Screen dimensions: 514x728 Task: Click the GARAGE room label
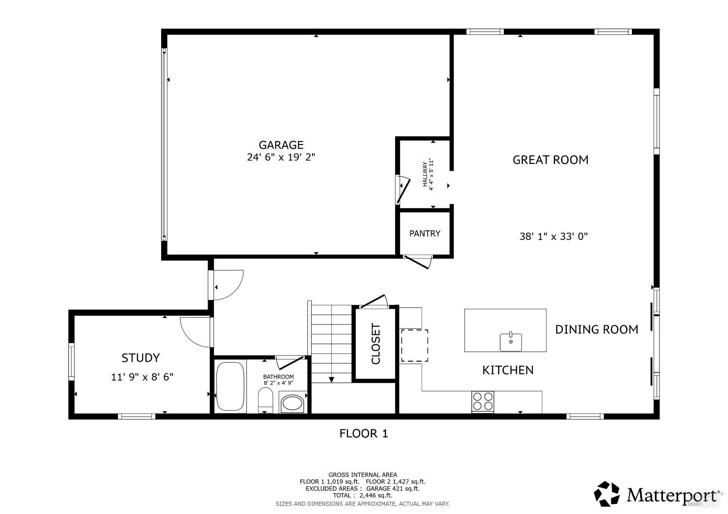click(x=281, y=145)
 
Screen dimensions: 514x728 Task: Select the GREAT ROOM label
click(x=550, y=160)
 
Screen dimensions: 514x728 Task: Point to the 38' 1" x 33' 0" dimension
click(x=553, y=237)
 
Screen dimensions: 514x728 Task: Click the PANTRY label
click(x=425, y=233)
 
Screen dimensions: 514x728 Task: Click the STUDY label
click(x=140, y=358)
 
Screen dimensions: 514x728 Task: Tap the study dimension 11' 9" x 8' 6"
click(x=142, y=377)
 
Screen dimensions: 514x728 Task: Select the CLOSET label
click(x=376, y=344)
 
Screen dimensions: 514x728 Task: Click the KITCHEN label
click(x=508, y=370)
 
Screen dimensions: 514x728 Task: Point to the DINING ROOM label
click(x=596, y=329)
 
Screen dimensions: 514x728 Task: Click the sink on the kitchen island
click(x=511, y=341)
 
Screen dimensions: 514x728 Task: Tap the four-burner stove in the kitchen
click(x=482, y=402)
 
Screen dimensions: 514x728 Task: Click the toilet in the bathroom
click(x=265, y=401)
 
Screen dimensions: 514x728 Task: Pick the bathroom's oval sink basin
click(x=292, y=403)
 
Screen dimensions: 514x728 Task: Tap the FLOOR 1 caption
click(x=364, y=434)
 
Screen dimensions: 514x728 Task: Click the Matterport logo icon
click(x=607, y=494)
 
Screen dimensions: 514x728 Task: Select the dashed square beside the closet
click(x=414, y=345)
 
